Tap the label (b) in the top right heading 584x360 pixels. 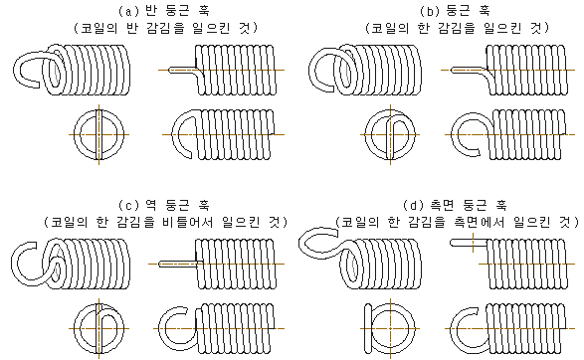pos(430,11)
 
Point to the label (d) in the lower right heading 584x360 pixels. pos(414,205)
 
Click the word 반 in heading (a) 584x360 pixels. pos(152,11)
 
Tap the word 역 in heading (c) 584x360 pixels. pos(152,205)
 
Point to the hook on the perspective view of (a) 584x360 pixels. pos(16,69)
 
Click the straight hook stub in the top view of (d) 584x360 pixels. pos(469,243)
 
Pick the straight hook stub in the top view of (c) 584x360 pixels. pos(177,264)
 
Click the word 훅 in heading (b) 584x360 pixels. pos(485,11)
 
